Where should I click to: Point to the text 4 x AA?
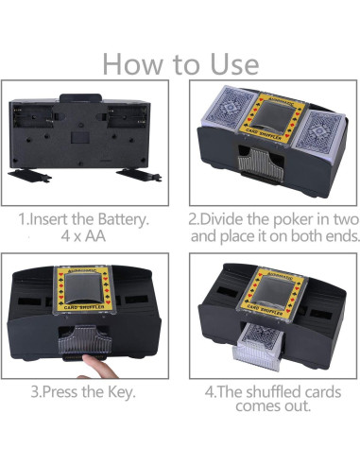click(85, 235)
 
